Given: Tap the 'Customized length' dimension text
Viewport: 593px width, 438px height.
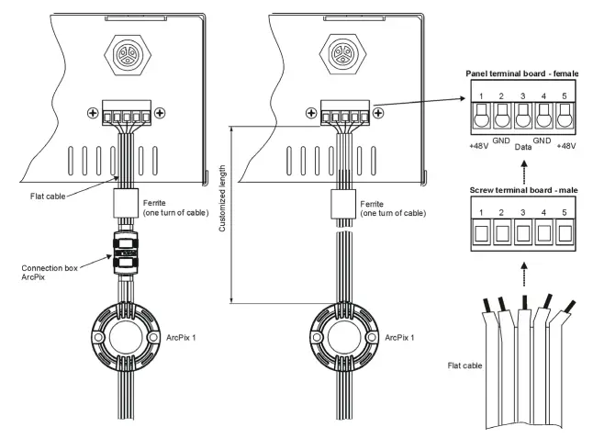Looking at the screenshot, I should (x=222, y=212).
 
